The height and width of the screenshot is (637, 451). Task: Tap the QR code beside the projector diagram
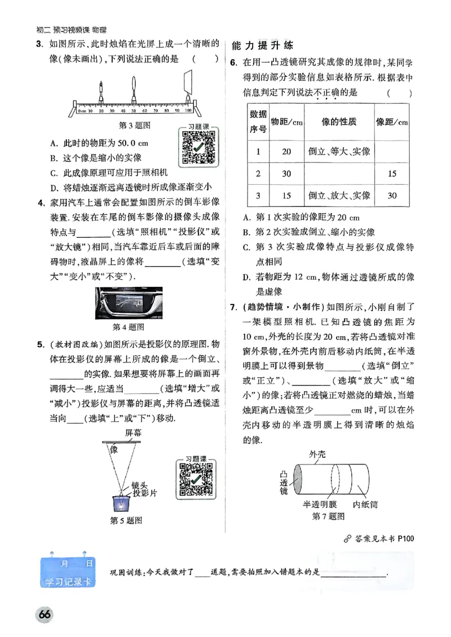click(x=195, y=479)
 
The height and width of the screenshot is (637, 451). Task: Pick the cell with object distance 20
click(x=286, y=151)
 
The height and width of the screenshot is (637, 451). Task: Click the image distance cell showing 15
click(x=392, y=174)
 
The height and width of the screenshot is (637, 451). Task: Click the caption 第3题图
click(x=134, y=126)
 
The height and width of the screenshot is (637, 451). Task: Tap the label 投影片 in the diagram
click(x=145, y=493)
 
